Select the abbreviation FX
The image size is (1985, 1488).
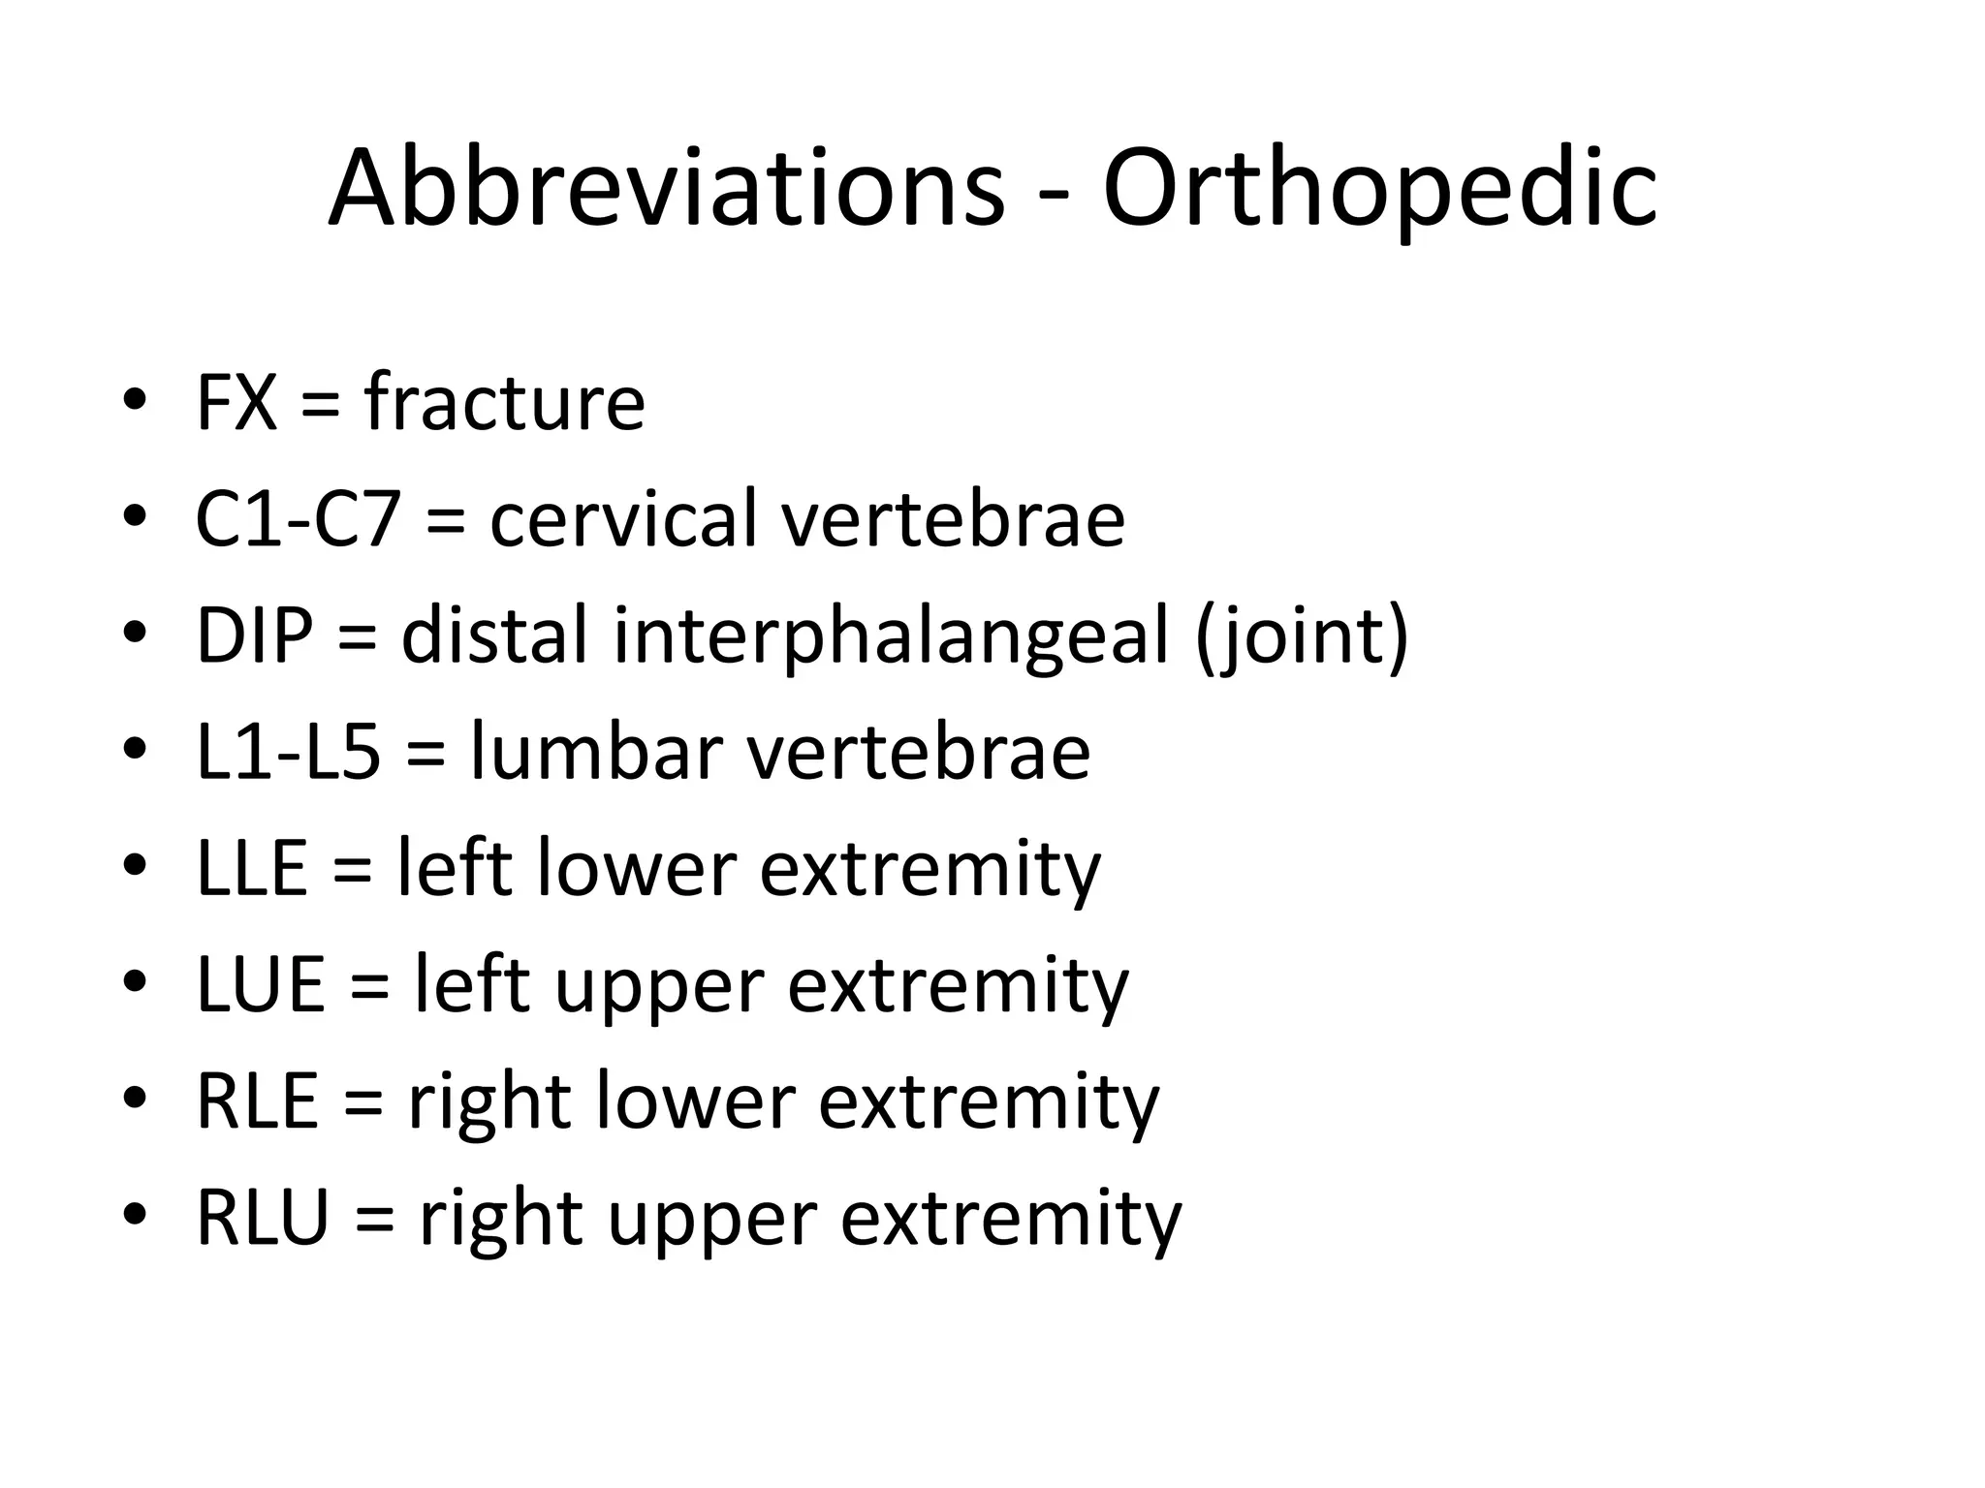236,403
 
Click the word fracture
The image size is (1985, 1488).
504,403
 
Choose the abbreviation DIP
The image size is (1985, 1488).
255,636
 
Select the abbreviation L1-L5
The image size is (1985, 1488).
288,753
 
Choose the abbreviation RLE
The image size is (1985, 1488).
257,1102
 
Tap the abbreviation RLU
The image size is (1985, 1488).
263,1219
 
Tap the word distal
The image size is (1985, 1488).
494,636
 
